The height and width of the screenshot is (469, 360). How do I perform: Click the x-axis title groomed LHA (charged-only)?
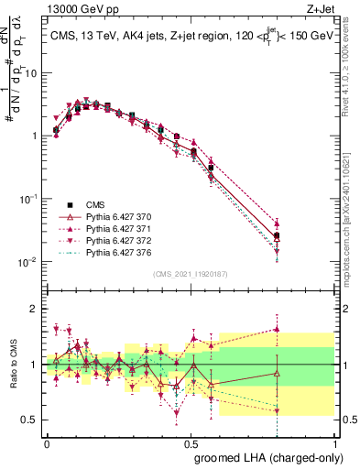tap(267, 457)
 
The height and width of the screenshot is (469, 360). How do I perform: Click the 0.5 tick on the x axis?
tap(191, 442)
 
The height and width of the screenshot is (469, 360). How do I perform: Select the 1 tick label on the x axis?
tap(333, 442)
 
